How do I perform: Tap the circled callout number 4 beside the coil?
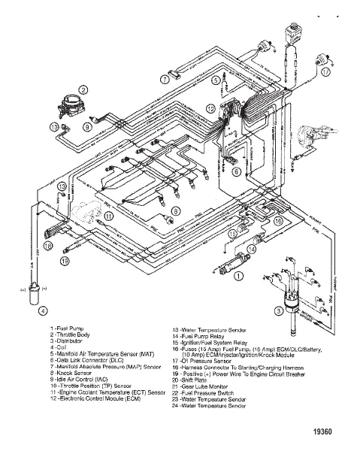43,310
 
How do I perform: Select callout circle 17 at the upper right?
325,73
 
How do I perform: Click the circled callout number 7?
164,78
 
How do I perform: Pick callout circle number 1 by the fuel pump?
239,276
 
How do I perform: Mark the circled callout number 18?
48,246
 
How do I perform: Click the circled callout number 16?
278,222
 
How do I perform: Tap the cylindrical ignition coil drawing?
34,295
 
